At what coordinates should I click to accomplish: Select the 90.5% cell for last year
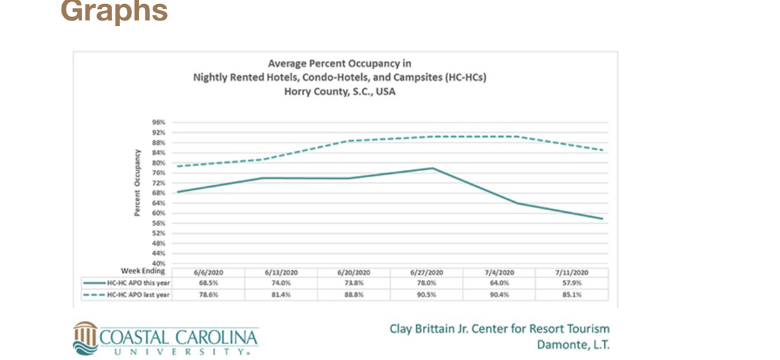(x=428, y=294)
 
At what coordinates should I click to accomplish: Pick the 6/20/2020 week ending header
(x=354, y=271)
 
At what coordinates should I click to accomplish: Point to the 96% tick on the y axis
(x=159, y=122)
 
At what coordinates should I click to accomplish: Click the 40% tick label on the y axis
(x=159, y=263)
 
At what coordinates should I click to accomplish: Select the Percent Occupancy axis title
(x=137, y=183)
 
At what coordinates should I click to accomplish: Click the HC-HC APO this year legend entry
(x=126, y=282)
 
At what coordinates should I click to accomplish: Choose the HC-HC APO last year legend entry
(x=126, y=294)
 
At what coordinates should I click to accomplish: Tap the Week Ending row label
(x=143, y=271)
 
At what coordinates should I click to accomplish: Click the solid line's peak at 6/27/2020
(x=433, y=168)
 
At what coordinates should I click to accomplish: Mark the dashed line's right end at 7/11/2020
(x=603, y=150)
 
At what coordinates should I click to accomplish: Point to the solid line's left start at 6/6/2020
(x=177, y=192)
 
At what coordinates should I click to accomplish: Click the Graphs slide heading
(x=114, y=11)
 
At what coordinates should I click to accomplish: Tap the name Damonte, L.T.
(x=573, y=344)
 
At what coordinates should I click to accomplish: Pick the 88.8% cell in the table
(x=354, y=294)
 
